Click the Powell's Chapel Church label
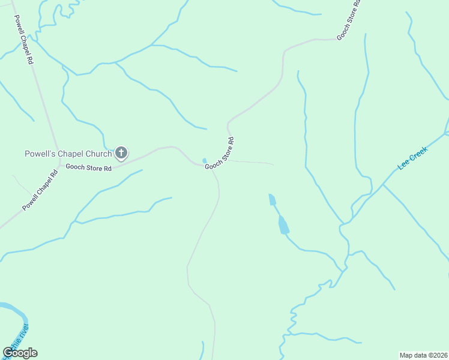(68, 154)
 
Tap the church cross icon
(121, 153)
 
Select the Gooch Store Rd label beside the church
(89, 168)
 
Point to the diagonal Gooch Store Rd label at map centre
(219, 154)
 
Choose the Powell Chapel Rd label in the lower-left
(40, 191)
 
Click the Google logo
(20, 353)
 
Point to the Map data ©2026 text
(423, 355)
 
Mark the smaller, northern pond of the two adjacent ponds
(272, 199)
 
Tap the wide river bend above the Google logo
(15, 312)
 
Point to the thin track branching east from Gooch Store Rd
(252, 162)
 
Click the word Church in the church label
(98, 154)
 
